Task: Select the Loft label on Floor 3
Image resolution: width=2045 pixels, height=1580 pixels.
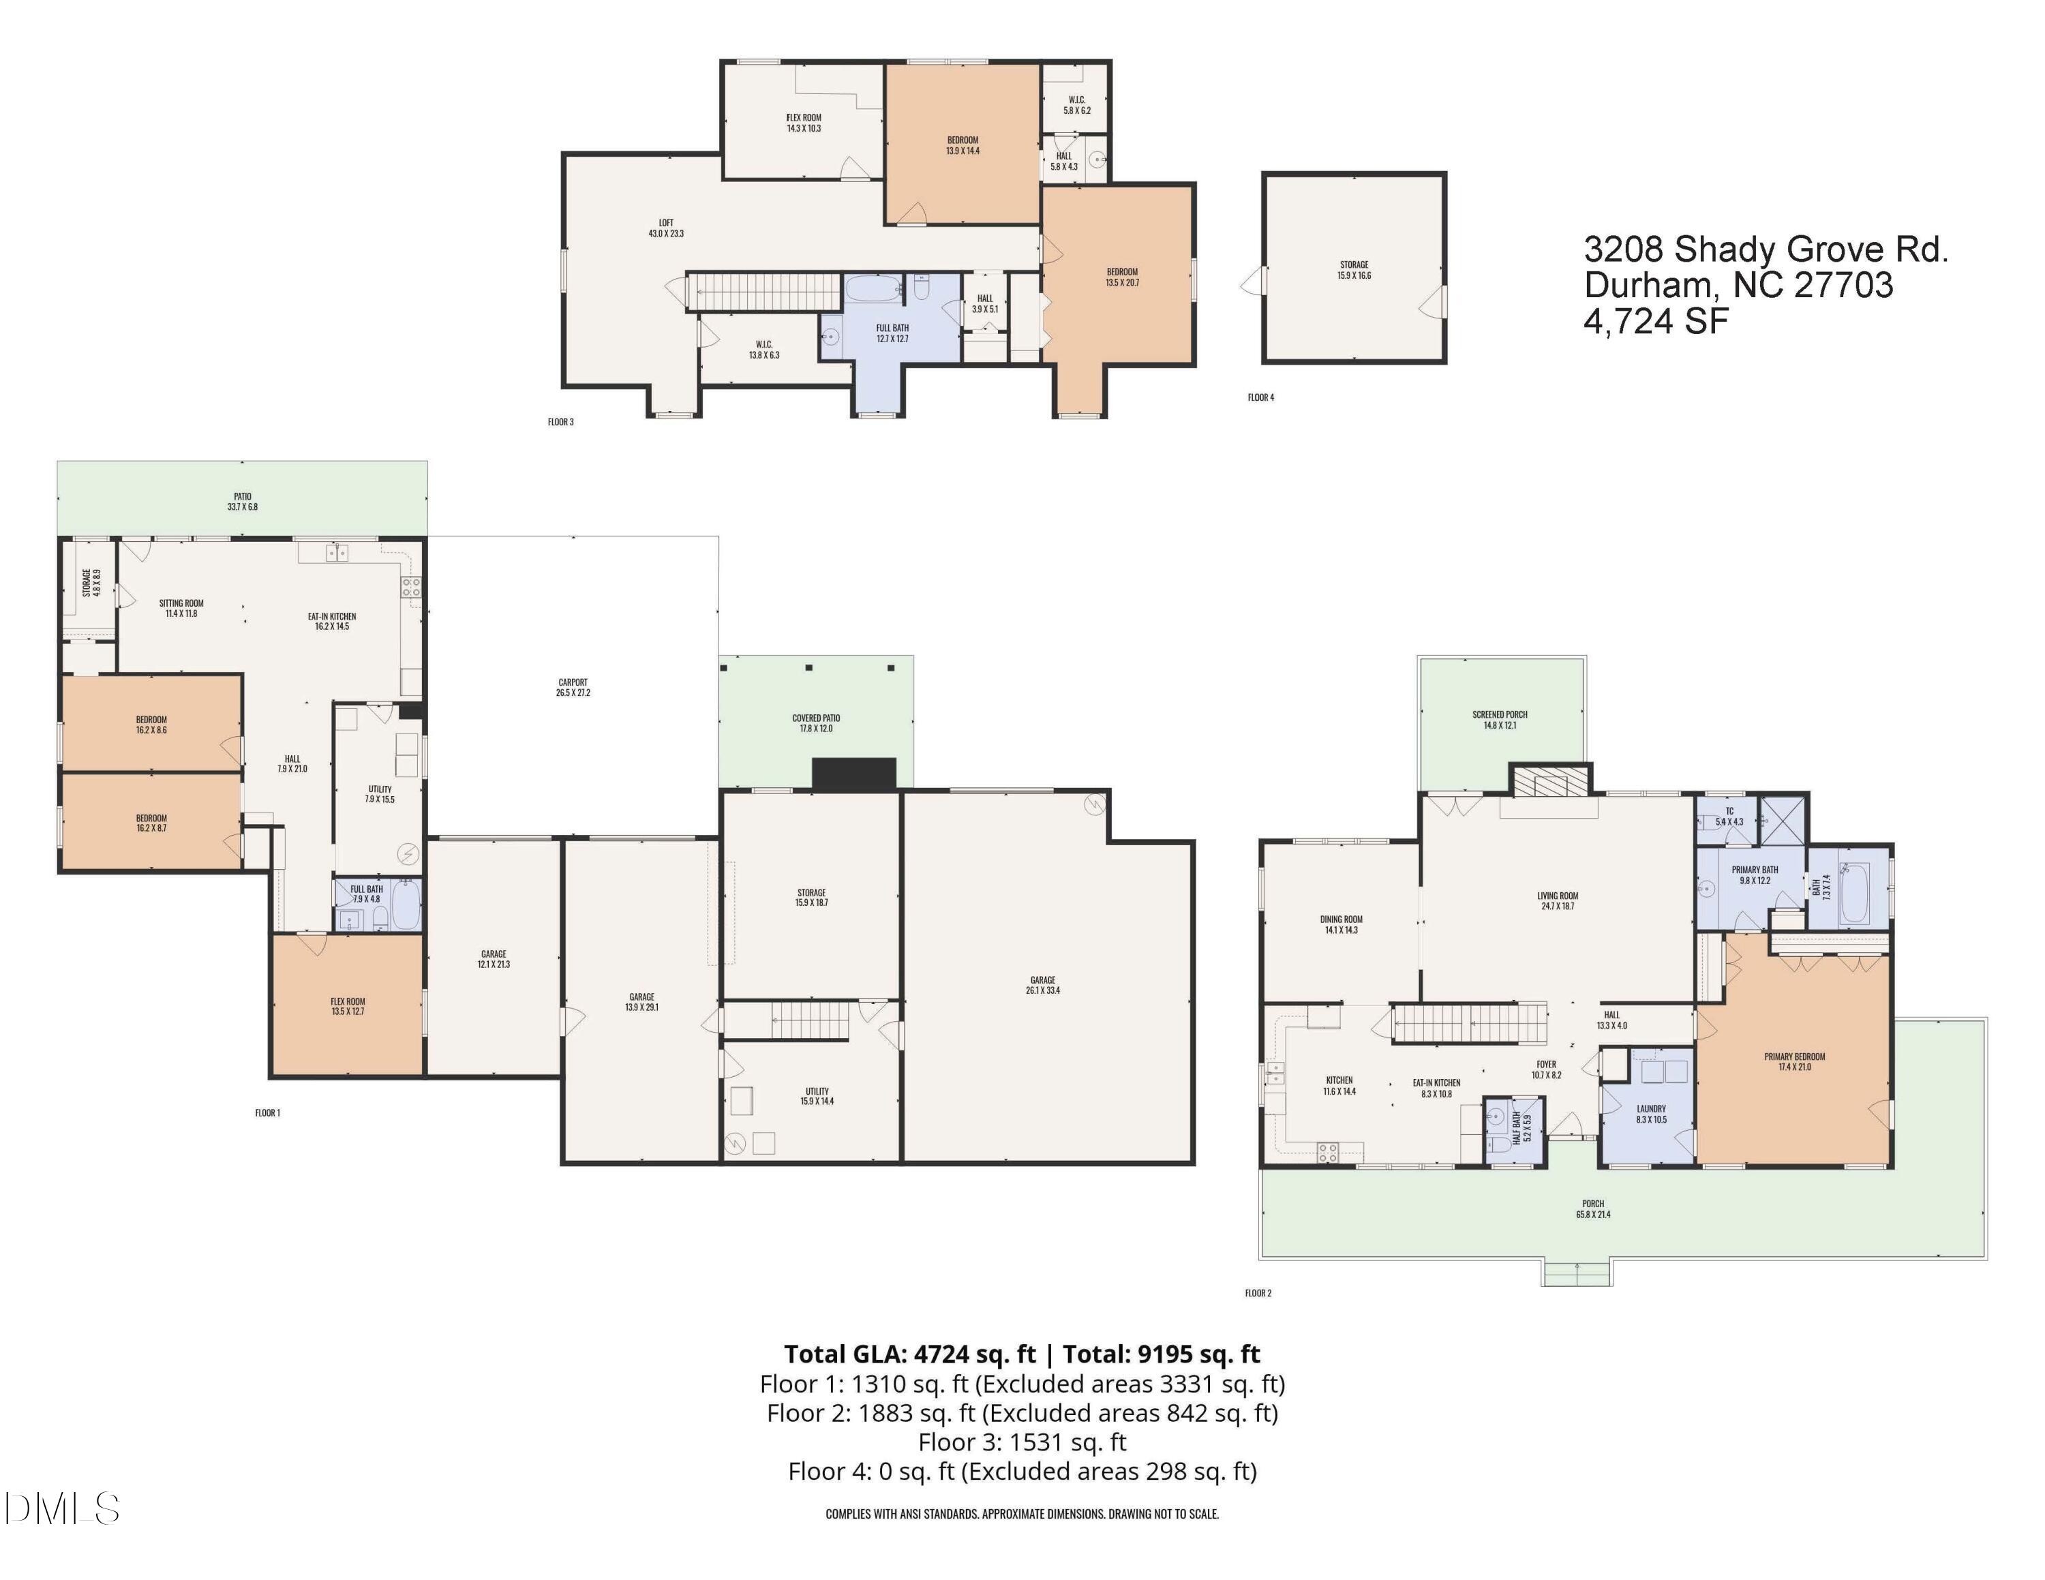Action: pos(666,228)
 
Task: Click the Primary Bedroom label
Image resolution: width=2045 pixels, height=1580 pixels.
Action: pos(1794,1061)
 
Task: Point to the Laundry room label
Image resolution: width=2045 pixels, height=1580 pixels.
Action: pos(1651,1114)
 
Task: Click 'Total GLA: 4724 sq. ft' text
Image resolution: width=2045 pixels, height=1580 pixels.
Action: pos(909,1354)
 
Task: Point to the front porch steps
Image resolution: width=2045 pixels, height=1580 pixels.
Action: pos(1577,1274)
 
